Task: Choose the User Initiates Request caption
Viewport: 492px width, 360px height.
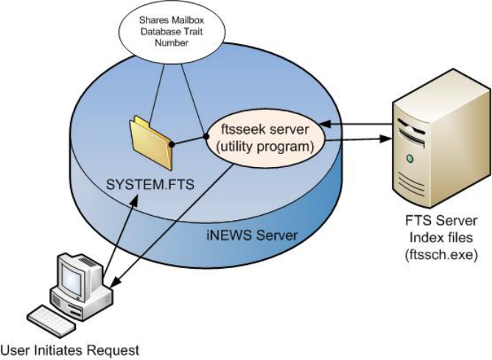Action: coord(69,348)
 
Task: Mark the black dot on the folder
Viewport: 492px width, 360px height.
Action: coord(172,144)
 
